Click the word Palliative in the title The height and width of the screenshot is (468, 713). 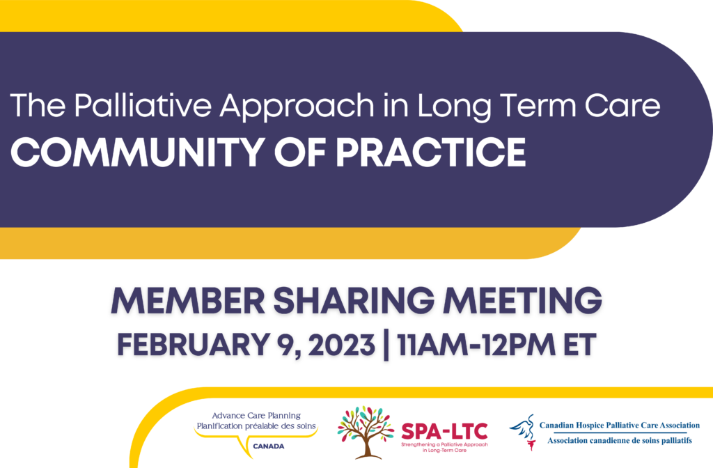pos(143,105)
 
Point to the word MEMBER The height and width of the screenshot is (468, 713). pos(188,301)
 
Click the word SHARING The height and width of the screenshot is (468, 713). pos(354,301)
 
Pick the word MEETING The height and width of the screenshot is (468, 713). pos(523,301)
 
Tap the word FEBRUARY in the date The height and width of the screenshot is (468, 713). pos(194,345)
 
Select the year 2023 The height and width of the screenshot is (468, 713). pos(341,345)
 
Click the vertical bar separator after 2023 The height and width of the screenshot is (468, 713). pos(386,345)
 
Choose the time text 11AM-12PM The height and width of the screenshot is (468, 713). pos(476,345)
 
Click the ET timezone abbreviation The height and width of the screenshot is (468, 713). pos(580,345)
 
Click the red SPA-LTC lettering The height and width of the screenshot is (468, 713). pos(444,431)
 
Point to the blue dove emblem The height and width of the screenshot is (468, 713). pos(523,432)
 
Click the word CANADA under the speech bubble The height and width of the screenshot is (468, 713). pos(269,446)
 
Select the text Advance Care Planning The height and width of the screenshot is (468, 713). pos(256,416)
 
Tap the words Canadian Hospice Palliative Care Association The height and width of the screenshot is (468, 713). pos(619,426)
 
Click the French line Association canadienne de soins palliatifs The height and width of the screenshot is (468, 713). pos(619,440)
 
